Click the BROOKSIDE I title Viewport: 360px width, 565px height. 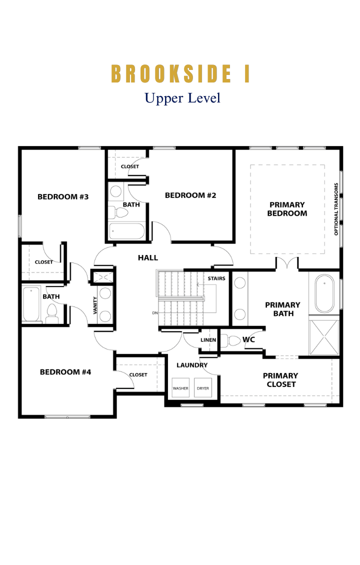pos(180,73)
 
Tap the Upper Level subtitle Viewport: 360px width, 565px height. pos(182,98)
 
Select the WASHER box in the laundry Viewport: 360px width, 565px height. pos(180,387)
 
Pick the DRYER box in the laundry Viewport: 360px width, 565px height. pos(203,387)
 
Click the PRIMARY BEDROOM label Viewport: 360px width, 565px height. pos(287,209)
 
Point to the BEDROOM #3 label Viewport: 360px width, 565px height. pos(63,196)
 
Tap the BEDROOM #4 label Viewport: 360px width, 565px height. pos(65,372)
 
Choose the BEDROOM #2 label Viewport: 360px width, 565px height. pos(190,195)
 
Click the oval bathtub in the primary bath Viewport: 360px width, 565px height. pos(324,293)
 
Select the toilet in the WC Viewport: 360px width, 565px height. pos(230,340)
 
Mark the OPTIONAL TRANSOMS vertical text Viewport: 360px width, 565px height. pos(336,209)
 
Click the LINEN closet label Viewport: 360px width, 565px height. pos(208,340)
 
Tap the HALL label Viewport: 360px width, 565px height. pos(148,257)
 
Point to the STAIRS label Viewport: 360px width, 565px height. pos(216,278)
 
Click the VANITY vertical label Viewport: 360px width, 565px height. pos(95,305)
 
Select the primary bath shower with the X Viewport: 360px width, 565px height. pos(324,336)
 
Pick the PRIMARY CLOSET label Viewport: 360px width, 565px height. pos(280,380)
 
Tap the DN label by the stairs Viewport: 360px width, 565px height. pos(155,313)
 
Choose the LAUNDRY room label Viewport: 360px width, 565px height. pos(192,365)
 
